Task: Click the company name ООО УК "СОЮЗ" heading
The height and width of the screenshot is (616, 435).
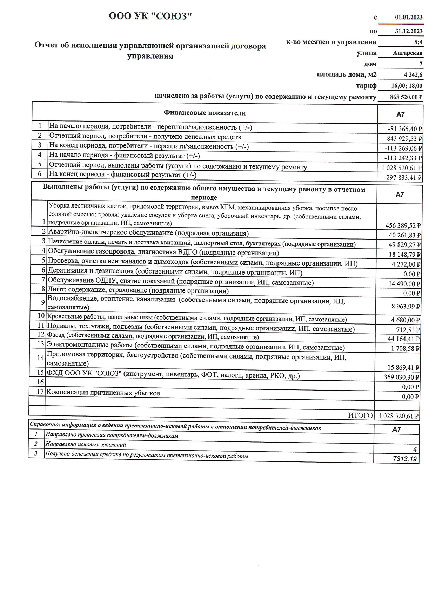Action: coord(150,17)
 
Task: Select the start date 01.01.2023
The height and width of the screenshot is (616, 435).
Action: coord(409,17)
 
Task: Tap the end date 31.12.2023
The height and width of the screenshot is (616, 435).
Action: coord(409,31)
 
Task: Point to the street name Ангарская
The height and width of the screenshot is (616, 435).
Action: coord(408,53)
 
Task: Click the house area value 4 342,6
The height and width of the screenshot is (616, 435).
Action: coord(413,75)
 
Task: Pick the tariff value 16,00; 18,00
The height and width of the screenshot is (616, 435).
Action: coord(407,86)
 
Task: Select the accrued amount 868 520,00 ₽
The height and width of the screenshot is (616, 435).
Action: coord(406,97)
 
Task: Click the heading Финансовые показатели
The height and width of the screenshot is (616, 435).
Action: coord(205,113)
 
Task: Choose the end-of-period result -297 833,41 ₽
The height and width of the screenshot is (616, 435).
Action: coord(403,178)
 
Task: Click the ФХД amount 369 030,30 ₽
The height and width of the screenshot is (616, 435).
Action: coord(402,378)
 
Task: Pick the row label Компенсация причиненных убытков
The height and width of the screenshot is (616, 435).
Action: coord(103,393)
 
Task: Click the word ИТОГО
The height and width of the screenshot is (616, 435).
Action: coord(360,416)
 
